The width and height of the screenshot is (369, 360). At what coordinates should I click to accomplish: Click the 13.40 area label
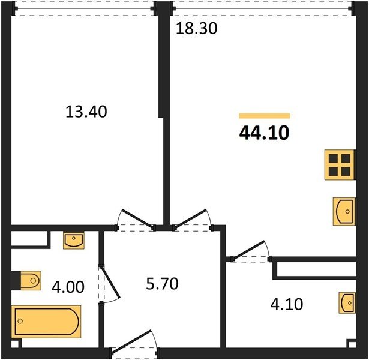[x=86, y=112]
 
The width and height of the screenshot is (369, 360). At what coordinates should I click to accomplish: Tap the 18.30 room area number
[x=197, y=29]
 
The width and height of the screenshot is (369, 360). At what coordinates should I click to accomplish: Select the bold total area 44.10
[x=264, y=133]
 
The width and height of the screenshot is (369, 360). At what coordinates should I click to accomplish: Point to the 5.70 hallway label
[x=162, y=284]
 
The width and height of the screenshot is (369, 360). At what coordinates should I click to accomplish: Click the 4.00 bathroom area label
[x=68, y=287]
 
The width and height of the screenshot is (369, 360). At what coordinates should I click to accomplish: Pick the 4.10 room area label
[x=287, y=304]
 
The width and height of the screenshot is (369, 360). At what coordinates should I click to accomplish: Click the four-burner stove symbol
[x=340, y=165]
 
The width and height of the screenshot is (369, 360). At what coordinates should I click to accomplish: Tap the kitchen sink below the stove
[x=344, y=212]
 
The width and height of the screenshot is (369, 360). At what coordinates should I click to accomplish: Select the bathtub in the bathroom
[x=46, y=322]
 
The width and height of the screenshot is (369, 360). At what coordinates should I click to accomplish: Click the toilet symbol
[x=31, y=280]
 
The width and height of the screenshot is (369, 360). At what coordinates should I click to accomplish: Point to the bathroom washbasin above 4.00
[x=74, y=240]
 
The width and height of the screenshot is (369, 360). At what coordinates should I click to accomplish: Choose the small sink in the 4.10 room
[x=347, y=303]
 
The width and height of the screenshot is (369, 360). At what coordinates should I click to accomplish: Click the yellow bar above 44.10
[x=265, y=116]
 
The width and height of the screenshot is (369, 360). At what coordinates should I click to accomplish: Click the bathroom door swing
[x=110, y=284]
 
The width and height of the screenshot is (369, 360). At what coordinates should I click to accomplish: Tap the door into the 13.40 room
[x=135, y=220]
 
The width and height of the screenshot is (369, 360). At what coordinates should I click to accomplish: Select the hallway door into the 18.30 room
[x=193, y=219]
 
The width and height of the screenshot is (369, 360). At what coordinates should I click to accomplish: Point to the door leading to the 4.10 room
[x=251, y=251]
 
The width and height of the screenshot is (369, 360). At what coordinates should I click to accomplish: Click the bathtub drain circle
[x=20, y=321]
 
